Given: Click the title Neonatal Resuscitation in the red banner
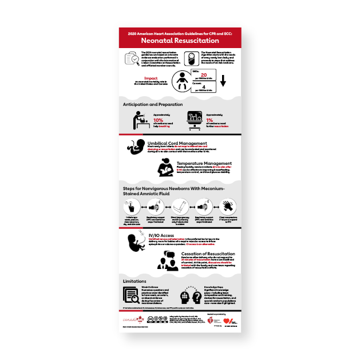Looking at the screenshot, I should pos(180,41).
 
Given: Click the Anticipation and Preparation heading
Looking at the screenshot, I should pos(153,105).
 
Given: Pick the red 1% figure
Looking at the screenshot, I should pos(217,120).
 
